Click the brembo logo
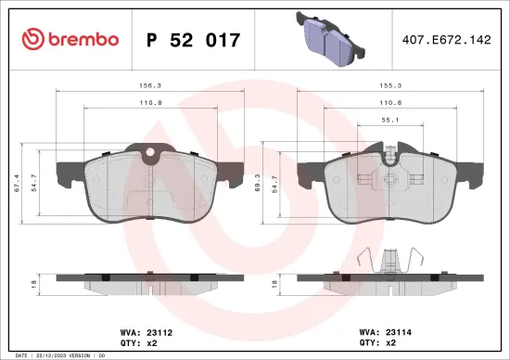pyautogui.click(x=70, y=39)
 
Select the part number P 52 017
pyautogui.click(x=194, y=40)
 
